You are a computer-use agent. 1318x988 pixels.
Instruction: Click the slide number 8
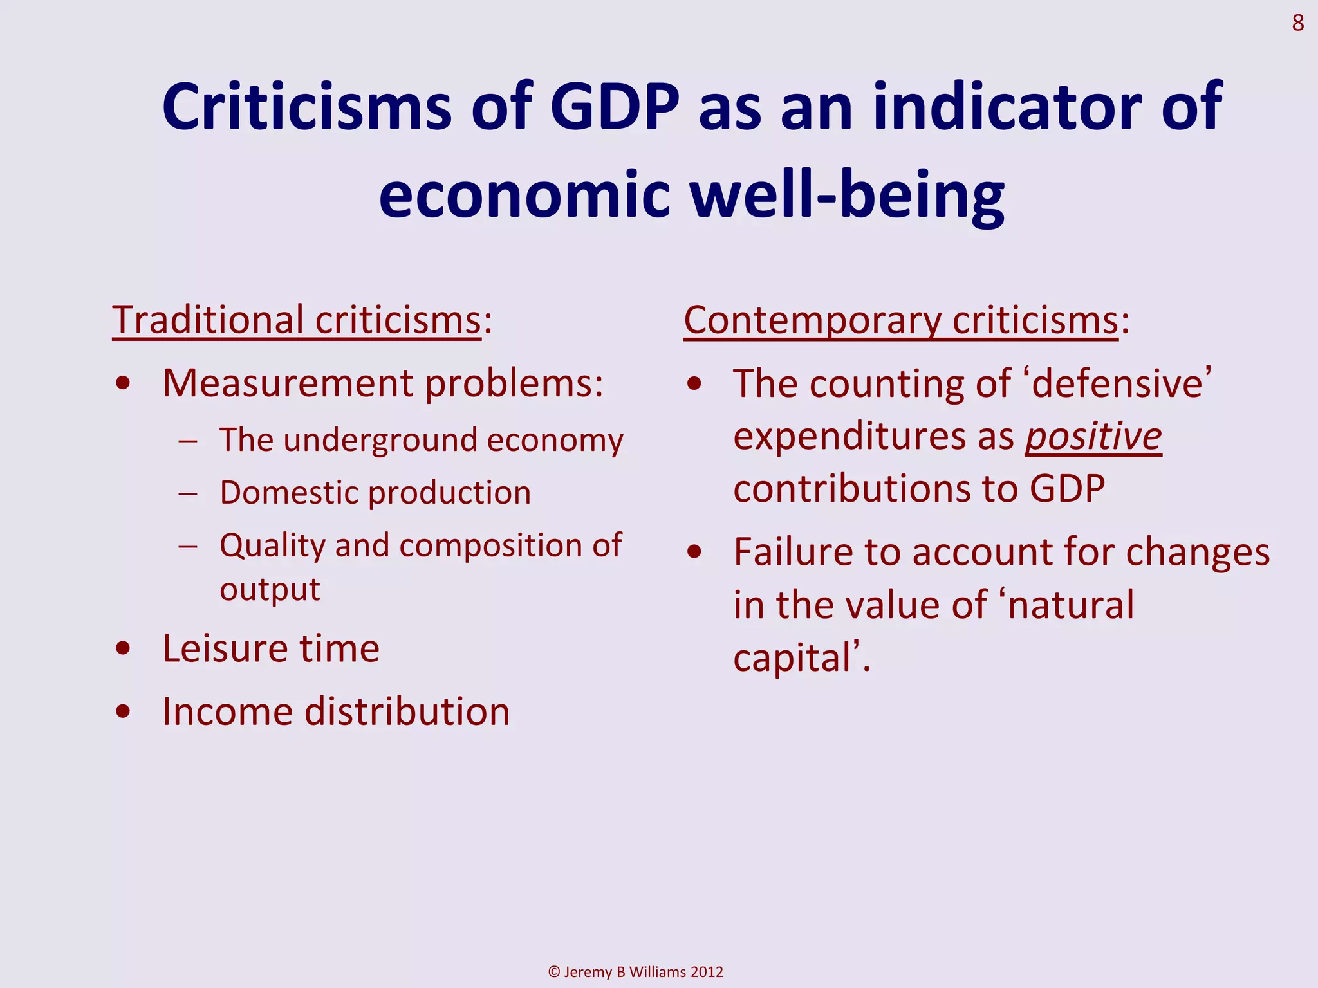(x=1297, y=24)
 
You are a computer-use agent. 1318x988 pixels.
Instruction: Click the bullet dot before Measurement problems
(x=124, y=384)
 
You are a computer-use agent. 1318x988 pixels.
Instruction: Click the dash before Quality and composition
(x=189, y=546)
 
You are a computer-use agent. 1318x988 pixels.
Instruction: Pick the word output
(x=270, y=590)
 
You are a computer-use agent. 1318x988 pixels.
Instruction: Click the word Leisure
(x=225, y=648)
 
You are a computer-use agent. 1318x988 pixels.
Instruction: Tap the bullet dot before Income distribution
(x=124, y=712)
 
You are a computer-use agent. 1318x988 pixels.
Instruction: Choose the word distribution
(x=407, y=712)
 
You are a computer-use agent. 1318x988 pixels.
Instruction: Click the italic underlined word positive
(x=1093, y=437)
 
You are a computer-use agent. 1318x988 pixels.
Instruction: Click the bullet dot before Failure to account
(x=694, y=553)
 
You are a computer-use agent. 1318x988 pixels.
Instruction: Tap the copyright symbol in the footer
(x=554, y=972)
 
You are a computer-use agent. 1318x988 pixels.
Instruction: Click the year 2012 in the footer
(x=706, y=972)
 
